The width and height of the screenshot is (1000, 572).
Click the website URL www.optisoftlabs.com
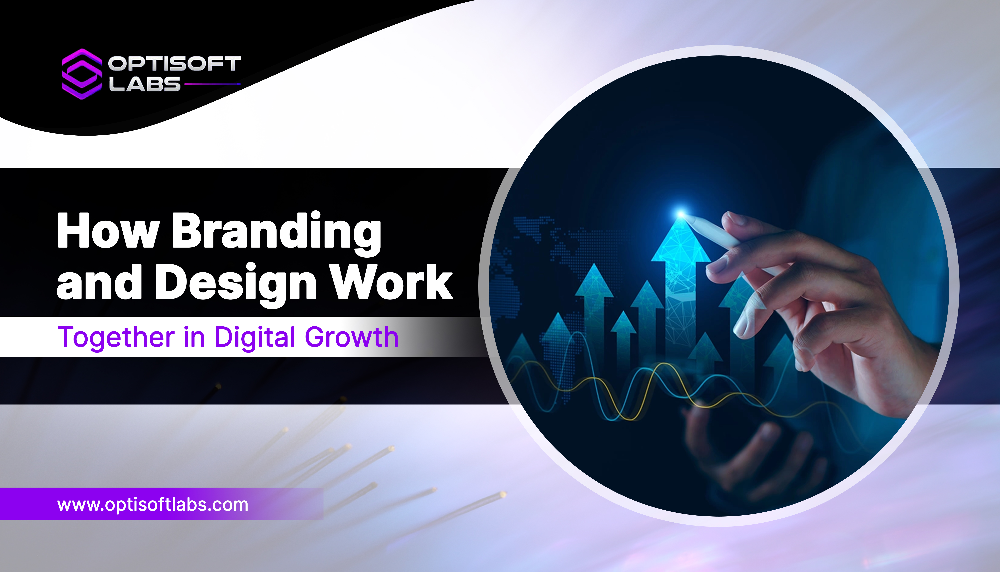[x=153, y=504]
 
